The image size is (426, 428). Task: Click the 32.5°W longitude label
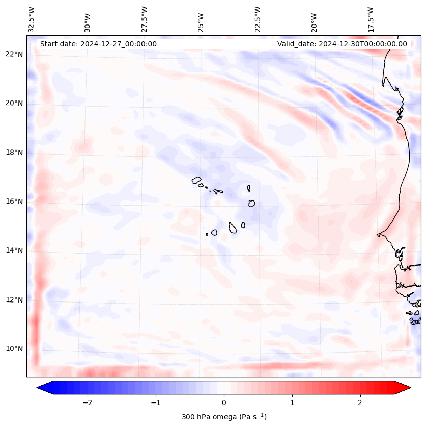pos(32,19)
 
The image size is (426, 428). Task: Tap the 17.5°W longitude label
pos(371,19)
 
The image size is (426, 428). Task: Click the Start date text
pos(98,44)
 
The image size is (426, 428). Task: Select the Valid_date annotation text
pos(342,44)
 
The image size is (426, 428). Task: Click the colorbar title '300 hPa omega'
pos(224,417)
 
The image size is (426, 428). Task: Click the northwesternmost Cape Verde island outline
pos(196,180)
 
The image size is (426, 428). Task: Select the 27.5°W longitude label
pos(145,19)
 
